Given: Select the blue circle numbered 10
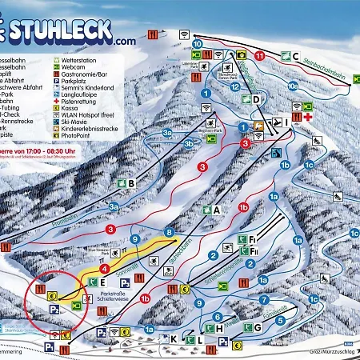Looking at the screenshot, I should (198, 42).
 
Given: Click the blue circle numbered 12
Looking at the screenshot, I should (234, 86).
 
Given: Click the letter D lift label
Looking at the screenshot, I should (255, 100).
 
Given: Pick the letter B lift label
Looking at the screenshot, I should (130, 183).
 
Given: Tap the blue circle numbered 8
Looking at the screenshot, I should (169, 232).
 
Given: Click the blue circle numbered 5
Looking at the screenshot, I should (280, 320).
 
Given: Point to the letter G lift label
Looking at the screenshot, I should (258, 327).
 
